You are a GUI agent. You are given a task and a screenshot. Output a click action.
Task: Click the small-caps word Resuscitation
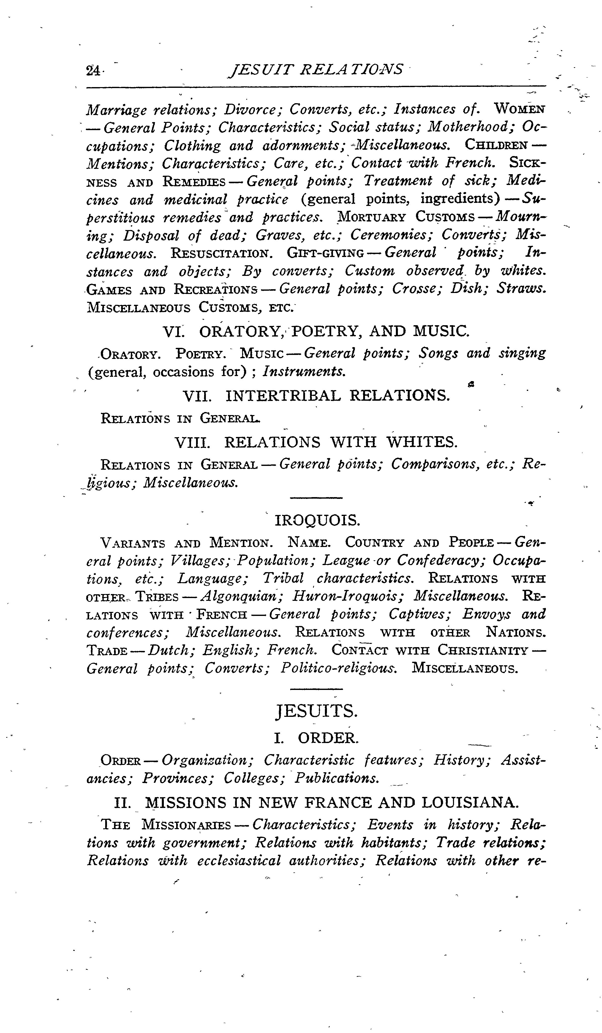pyautogui.click(x=221, y=253)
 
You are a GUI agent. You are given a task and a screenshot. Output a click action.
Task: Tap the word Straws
pyautogui.click(x=521, y=289)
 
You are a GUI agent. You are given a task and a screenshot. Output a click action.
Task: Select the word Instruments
pyautogui.click(x=304, y=371)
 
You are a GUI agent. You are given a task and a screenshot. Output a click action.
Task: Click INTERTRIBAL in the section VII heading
pyautogui.click(x=283, y=396)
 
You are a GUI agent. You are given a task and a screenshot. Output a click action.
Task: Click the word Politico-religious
pyautogui.click(x=338, y=669)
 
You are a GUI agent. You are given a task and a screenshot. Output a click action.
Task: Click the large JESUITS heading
pyautogui.click(x=316, y=712)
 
